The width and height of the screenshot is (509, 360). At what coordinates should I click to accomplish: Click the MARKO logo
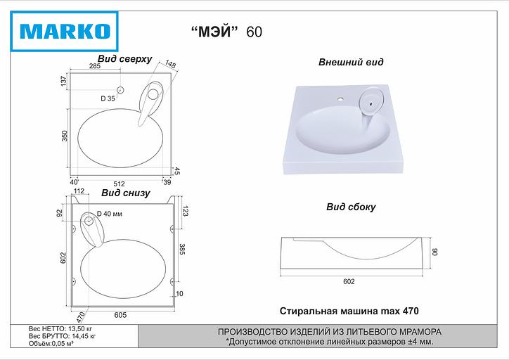(63, 30)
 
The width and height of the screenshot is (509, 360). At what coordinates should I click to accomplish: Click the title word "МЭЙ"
(215, 31)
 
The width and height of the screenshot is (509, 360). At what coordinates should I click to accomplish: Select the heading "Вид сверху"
(125, 59)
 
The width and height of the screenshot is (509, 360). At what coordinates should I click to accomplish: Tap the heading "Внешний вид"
(351, 62)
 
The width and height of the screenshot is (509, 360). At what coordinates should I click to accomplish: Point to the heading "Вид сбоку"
(351, 207)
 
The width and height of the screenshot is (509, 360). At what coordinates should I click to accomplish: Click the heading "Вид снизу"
(125, 193)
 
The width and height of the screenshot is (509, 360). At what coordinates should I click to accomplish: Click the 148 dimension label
(170, 65)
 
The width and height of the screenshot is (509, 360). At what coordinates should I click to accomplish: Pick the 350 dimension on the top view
(64, 136)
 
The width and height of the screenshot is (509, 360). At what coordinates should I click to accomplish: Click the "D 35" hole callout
(108, 98)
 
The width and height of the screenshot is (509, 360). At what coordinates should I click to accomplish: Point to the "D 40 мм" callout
(109, 214)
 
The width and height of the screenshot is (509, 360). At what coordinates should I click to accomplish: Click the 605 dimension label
(120, 315)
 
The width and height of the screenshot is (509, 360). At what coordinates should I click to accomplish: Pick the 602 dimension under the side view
(349, 281)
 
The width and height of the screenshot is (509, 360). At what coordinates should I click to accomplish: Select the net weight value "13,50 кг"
(79, 328)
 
